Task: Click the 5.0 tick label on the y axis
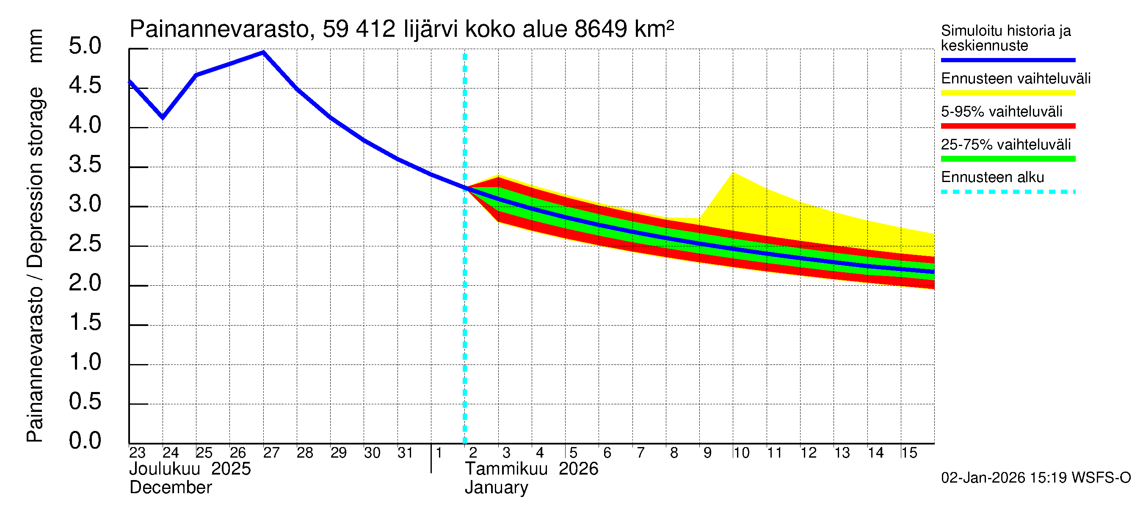(x=85, y=46)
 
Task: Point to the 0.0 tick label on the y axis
(x=85, y=441)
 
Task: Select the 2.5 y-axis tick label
(x=85, y=243)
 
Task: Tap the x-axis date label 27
(x=271, y=453)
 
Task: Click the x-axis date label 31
(x=406, y=453)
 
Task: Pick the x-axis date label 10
(x=741, y=453)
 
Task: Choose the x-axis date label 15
(x=909, y=453)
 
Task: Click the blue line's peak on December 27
(x=264, y=52)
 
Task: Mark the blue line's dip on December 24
(x=163, y=118)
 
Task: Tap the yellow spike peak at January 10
(x=733, y=173)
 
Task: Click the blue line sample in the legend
(x=1008, y=60)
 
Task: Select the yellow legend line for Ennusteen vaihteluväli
(x=1008, y=93)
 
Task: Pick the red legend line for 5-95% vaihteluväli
(x=1008, y=126)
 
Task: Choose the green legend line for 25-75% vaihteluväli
(x=1008, y=159)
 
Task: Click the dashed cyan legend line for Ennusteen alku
(x=1008, y=192)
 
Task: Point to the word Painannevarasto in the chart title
(x=219, y=29)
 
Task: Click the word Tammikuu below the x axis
(x=506, y=469)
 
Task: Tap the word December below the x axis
(x=170, y=488)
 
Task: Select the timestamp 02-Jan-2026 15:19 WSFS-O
(x=1035, y=478)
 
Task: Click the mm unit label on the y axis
(x=36, y=46)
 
